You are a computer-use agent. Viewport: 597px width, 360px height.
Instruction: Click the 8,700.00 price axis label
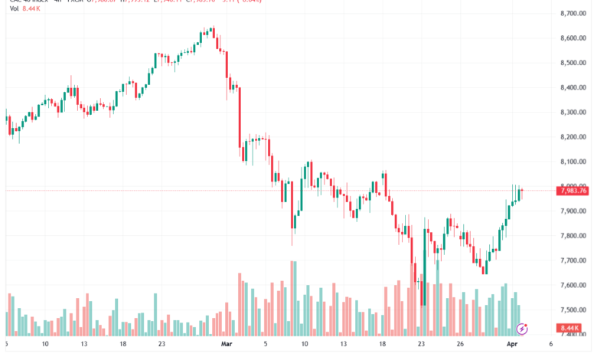573,14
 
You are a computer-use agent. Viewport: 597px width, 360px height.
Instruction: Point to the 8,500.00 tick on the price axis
573,63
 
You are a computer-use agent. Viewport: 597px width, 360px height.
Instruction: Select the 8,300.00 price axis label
573,113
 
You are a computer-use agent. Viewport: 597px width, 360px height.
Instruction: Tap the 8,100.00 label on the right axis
573,162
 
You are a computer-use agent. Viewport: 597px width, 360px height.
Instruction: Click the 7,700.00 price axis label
573,260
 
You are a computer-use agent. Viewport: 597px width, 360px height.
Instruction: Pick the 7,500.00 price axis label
573,310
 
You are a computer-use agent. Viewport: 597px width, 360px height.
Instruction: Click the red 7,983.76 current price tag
574,191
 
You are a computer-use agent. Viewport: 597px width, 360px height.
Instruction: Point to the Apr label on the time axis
512,345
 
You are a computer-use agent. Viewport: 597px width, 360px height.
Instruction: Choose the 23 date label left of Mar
162,345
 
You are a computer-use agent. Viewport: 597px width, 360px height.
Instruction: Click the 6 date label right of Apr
551,345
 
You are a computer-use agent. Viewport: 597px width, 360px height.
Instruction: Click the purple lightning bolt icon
523,329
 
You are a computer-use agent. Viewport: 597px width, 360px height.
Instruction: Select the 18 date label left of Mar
122,345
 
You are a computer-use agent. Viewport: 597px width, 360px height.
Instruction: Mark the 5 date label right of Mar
266,345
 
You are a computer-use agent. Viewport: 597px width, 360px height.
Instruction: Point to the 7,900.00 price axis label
573,211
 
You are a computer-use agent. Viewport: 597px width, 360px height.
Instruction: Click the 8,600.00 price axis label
573,38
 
